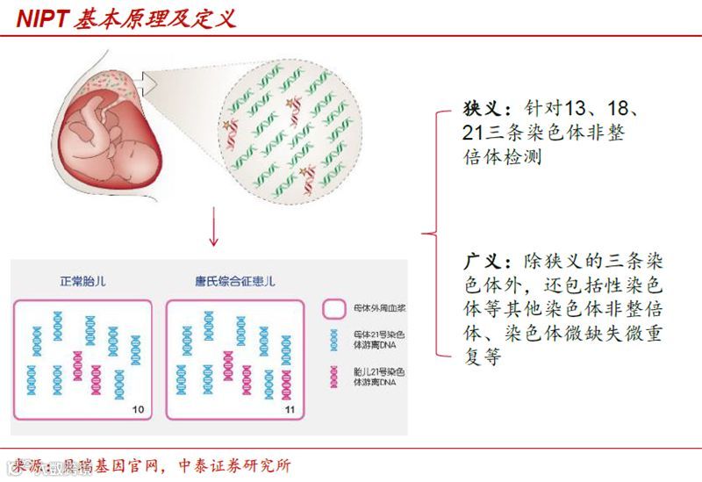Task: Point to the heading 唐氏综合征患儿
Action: point(234,282)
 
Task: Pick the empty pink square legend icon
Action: point(333,309)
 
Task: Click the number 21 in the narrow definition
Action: point(475,134)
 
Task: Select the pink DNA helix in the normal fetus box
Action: point(77,365)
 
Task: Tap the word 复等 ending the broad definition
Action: point(479,358)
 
